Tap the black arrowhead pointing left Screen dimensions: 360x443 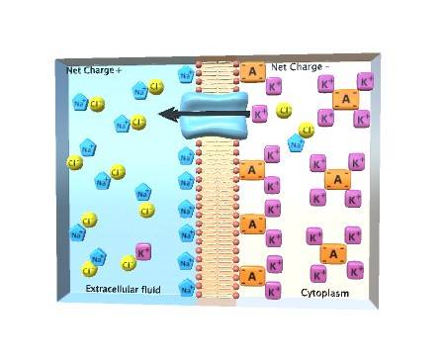click(169, 116)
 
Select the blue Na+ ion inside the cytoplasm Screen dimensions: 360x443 click(296, 143)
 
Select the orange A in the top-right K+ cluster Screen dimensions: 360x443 click(344, 100)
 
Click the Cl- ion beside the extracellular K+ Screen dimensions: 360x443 click(128, 263)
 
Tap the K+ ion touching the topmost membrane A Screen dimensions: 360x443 click(274, 88)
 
